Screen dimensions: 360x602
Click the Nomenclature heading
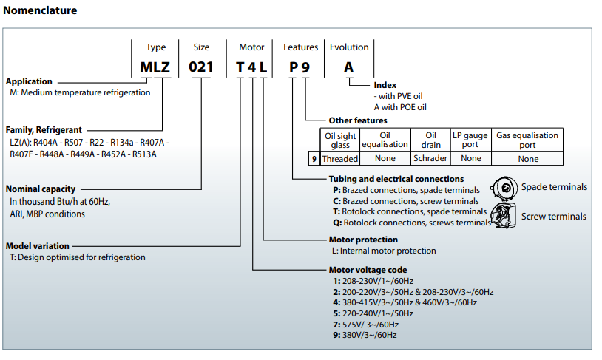[40, 10]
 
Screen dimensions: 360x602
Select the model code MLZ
[155, 67]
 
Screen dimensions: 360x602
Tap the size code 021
[201, 67]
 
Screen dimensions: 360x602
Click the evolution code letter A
[348, 67]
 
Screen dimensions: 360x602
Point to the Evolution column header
[348, 47]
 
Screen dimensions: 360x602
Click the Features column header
[301, 47]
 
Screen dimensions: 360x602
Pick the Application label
[29, 81]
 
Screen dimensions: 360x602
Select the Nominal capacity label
[40, 189]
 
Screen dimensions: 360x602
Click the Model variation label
[38, 245]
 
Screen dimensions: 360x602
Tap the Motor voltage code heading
[368, 270]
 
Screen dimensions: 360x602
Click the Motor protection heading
[363, 240]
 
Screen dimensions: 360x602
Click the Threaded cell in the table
[340, 158]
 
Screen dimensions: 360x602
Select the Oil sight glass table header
[340, 140]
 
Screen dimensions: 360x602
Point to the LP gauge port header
[470, 140]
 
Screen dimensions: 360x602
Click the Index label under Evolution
[385, 85]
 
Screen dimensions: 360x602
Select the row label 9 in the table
[314, 158]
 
